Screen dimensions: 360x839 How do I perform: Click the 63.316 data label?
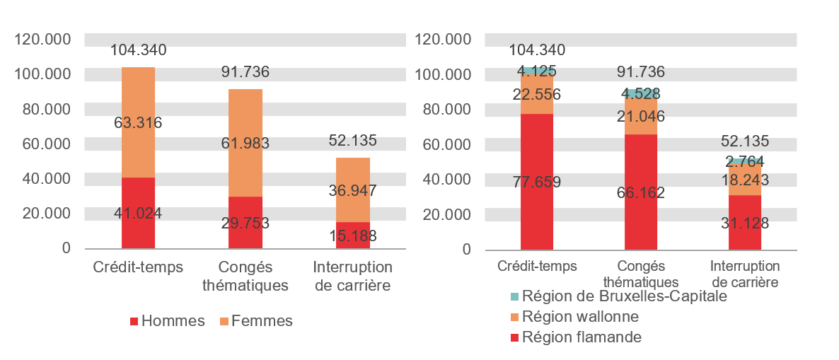coord(138,123)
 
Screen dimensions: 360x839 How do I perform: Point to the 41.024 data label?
coord(138,214)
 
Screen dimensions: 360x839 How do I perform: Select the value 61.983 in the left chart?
coord(245,144)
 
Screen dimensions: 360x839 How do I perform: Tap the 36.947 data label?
coord(352,190)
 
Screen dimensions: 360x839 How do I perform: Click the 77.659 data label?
coord(537,182)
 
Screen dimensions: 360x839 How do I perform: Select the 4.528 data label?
coord(641,93)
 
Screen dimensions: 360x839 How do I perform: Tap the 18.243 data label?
coord(745,182)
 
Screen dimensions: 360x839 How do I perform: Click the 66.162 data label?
coord(641,192)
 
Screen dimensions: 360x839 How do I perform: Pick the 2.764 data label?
coord(745,161)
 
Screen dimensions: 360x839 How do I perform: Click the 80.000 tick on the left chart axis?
coord(42,110)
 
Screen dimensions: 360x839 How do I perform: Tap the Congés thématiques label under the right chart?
coord(641,274)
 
